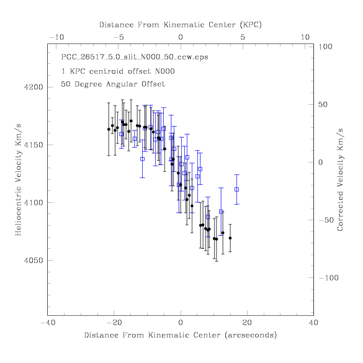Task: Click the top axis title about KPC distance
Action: [181, 25]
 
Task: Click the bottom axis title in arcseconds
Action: [181, 335]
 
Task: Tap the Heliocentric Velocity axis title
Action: [18, 180]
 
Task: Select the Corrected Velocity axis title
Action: [340, 180]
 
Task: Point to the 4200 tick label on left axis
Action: [34, 87]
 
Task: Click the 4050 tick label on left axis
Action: [34, 261]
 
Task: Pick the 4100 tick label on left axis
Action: [34, 202]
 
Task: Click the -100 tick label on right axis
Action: [328, 277]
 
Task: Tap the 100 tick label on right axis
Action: [325, 47]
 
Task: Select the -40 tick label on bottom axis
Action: [48, 323]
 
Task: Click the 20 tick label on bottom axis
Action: [247, 323]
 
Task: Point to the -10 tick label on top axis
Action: [56, 37]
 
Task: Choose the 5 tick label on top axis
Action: [243, 37]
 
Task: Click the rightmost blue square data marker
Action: [236, 189]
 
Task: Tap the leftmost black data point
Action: [109, 129]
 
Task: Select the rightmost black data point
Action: [230, 238]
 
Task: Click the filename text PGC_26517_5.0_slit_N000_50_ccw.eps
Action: [135, 57]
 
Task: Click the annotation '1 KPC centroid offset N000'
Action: [118, 71]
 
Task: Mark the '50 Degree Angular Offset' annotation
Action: [113, 84]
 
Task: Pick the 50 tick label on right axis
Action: [323, 104]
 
